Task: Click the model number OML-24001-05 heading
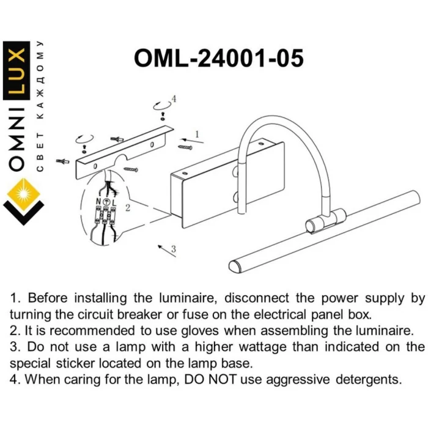(219, 58)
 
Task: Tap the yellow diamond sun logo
(24, 194)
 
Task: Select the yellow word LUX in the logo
(17, 70)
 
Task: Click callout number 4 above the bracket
(174, 98)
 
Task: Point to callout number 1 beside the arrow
(197, 135)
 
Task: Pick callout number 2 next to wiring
(127, 208)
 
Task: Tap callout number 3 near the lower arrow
(173, 249)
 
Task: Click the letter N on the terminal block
(98, 202)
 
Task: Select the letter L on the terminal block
(114, 202)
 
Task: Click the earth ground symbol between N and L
(106, 202)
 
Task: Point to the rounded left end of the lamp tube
(235, 266)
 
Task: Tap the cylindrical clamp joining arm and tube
(325, 221)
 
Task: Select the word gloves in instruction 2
(200, 331)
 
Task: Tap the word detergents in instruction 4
(369, 380)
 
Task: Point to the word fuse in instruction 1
(194, 314)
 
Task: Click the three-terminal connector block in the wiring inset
(105, 215)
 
